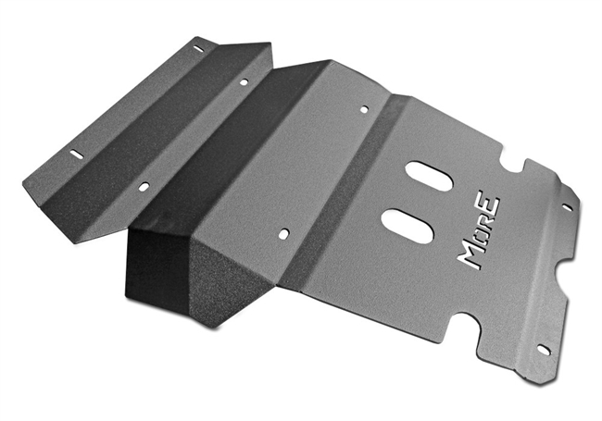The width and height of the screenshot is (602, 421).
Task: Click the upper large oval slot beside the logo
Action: (x=429, y=176)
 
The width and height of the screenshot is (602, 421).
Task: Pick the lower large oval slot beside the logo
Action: (x=408, y=226)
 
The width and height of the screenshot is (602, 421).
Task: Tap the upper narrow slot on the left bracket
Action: (x=198, y=48)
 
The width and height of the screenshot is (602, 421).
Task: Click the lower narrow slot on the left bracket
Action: (x=76, y=155)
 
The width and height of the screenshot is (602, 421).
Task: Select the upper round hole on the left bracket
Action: (x=244, y=81)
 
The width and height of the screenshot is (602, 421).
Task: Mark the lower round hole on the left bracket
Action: (x=144, y=187)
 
